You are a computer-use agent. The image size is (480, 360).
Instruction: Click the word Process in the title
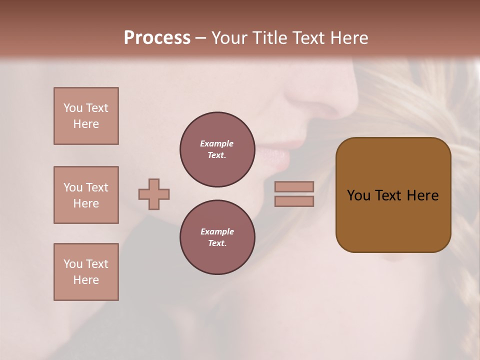pos(157,38)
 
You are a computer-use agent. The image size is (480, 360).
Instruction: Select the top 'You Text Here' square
pos(86,116)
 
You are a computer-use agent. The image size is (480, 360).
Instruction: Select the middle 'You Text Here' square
pos(86,195)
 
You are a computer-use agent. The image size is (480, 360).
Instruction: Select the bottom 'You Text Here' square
pos(86,272)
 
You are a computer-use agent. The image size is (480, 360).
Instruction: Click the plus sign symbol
pos(154,194)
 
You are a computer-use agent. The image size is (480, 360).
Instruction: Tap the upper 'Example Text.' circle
pos(217,149)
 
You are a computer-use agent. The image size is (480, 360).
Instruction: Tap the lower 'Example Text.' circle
pos(217,237)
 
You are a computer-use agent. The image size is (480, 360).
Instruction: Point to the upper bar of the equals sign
pos(294,186)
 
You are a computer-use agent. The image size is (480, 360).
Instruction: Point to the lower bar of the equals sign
pos(294,201)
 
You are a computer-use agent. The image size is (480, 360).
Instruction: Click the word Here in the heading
pos(348,38)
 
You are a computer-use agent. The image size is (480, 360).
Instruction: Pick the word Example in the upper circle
pos(217,143)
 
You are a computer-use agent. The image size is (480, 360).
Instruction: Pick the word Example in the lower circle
pos(217,231)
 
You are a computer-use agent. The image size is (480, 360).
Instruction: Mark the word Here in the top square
pos(86,124)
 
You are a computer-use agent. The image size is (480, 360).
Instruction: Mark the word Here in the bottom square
pos(86,280)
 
